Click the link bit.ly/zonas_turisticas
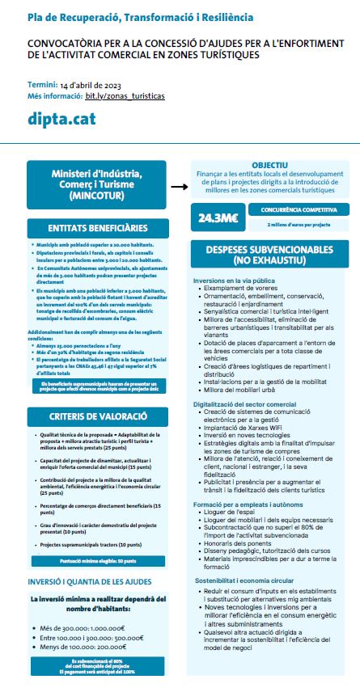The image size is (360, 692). (x=125, y=95)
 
